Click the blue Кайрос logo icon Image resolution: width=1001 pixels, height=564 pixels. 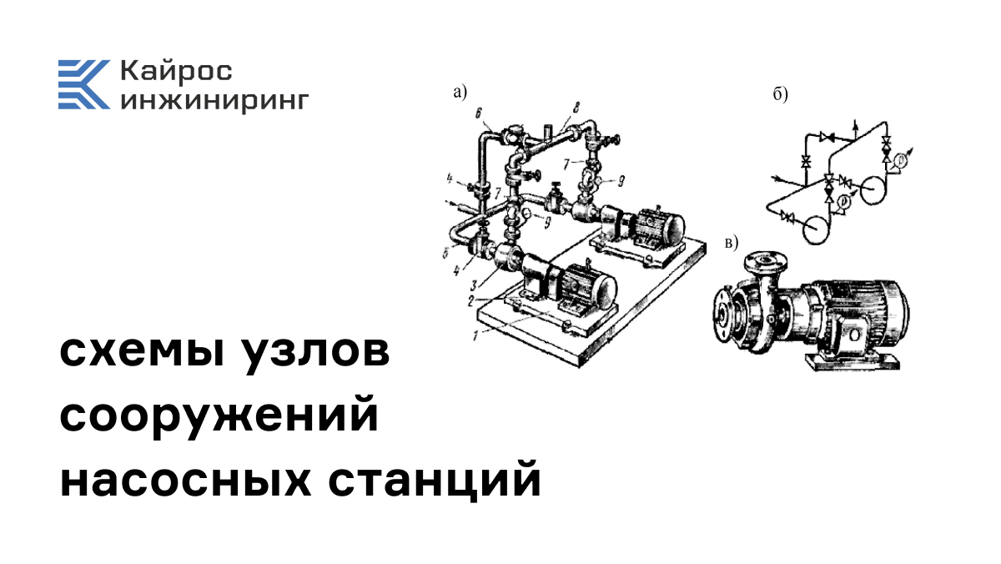click(83, 84)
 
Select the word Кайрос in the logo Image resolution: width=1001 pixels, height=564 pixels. click(176, 71)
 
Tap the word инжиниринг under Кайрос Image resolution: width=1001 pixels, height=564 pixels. click(214, 100)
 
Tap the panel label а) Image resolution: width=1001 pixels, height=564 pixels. click(460, 93)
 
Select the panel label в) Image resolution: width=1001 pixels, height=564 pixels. click(732, 243)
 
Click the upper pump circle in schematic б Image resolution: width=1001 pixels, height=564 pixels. click(871, 190)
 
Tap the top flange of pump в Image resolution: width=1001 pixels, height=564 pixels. click(759, 257)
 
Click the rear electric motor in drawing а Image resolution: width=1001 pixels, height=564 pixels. click(655, 225)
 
